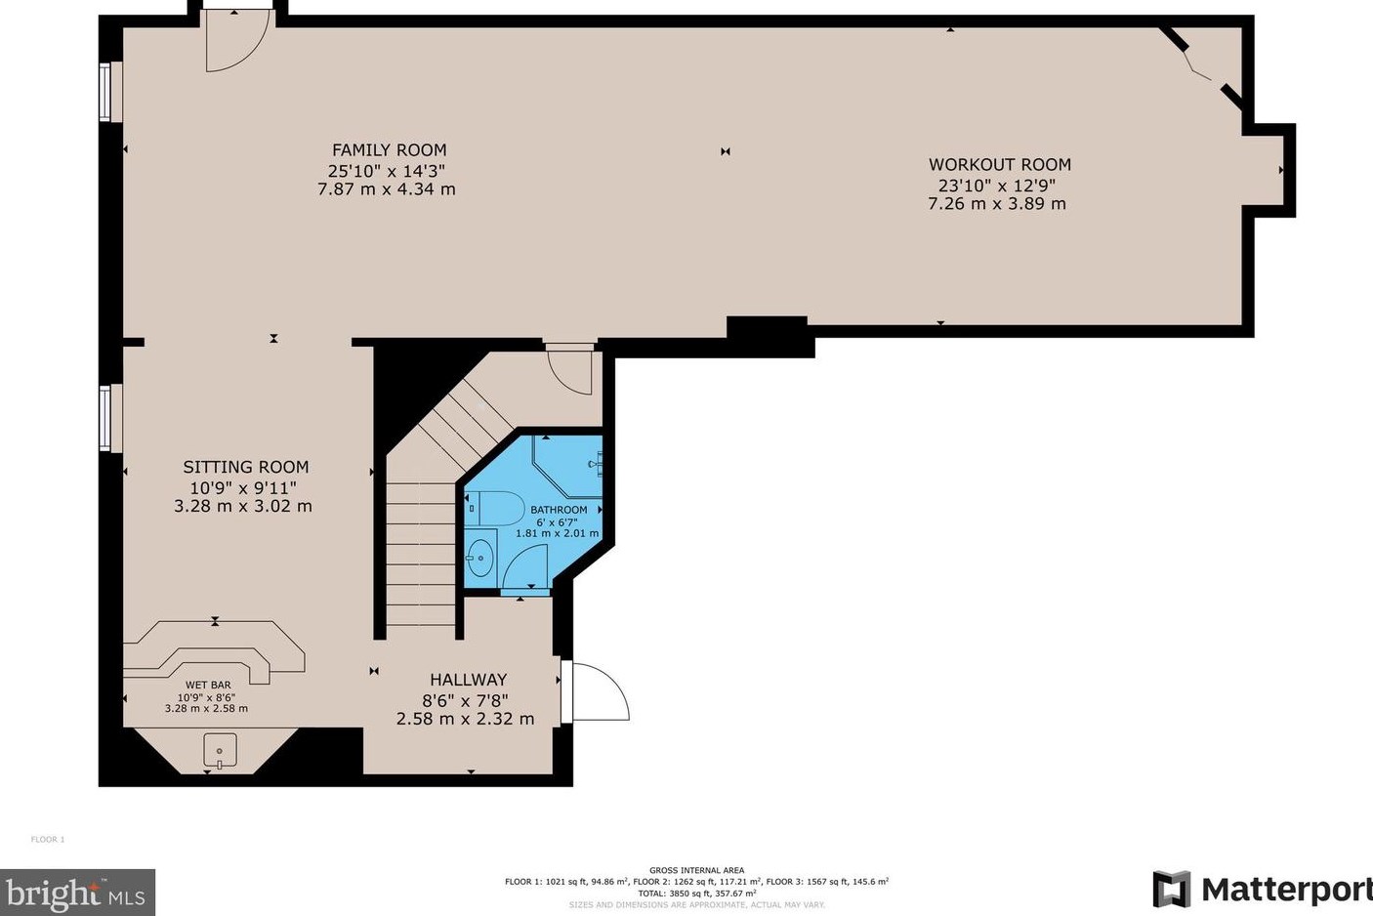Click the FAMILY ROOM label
(x=390, y=150)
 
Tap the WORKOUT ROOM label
(x=1000, y=165)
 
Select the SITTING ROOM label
(x=246, y=467)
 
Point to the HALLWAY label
(x=469, y=680)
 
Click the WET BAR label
(x=208, y=685)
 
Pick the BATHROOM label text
(x=559, y=510)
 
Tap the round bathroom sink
(x=481, y=558)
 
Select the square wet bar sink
(x=220, y=750)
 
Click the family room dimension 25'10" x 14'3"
(x=387, y=170)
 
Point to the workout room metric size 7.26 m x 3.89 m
(x=997, y=203)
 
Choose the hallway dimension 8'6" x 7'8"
(x=465, y=700)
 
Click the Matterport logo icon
(x=1171, y=890)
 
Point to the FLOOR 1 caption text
(x=48, y=840)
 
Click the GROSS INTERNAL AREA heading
(x=697, y=870)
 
